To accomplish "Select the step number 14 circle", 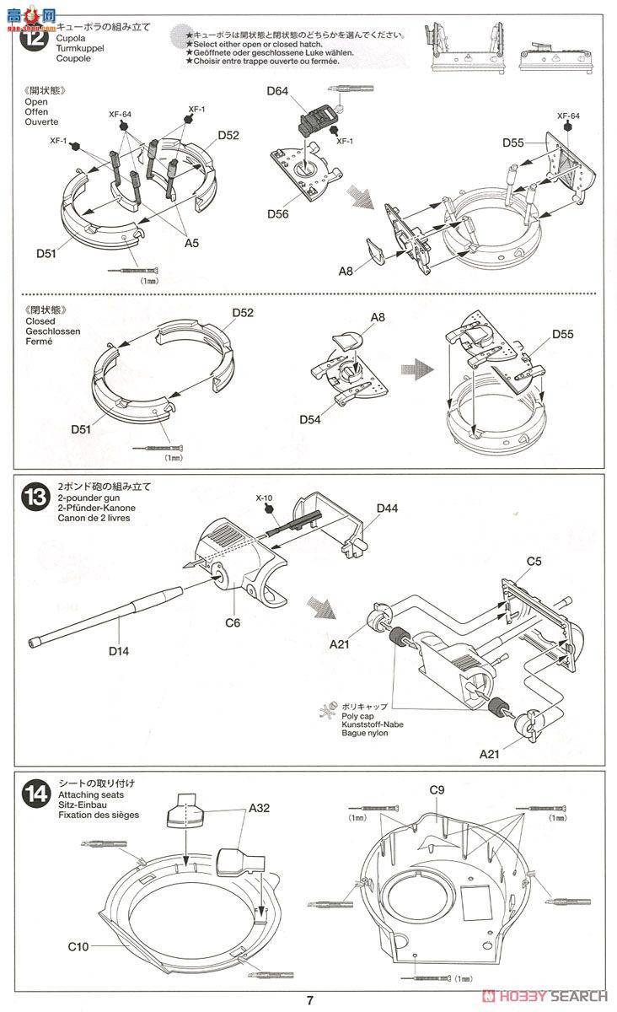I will (38, 794).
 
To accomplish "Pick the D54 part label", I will (312, 419).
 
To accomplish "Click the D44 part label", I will (387, 508).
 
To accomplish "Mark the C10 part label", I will (79, 947).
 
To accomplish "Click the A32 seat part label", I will (260, 807).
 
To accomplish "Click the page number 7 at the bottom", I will (309, 1001).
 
